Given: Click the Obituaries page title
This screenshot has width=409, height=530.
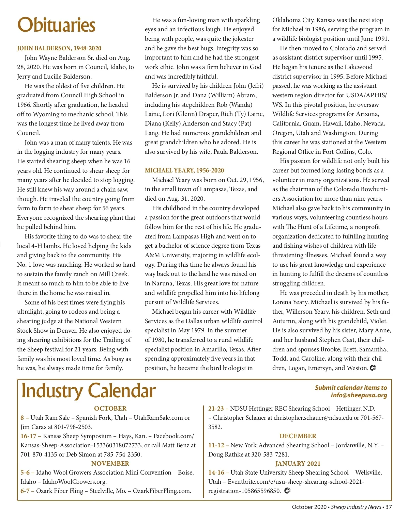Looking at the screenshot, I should [56, 25].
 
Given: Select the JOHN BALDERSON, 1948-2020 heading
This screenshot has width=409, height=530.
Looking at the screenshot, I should [59, 48].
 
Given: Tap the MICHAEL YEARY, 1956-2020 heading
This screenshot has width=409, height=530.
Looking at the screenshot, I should [184, 170].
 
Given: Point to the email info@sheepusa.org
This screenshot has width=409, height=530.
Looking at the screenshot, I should [359, 395].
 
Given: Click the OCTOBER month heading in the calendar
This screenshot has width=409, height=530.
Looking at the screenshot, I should [110, 409].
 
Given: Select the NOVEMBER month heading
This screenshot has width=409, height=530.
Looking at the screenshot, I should [110, 464].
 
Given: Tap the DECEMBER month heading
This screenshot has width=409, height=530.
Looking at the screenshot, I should [298, 436].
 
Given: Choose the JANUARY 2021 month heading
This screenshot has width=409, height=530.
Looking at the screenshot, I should [298, 464].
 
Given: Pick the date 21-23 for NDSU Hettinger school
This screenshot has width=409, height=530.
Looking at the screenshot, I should [216, 409].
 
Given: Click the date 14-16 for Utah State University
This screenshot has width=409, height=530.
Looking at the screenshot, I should [216, 473].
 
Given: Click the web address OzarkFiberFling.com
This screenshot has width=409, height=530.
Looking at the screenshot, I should [162, 491].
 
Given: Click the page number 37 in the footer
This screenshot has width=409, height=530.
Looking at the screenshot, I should [389, 507].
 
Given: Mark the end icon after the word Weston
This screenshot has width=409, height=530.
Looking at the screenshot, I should [373, 368].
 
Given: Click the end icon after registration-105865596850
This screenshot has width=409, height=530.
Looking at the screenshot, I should [287, 491].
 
